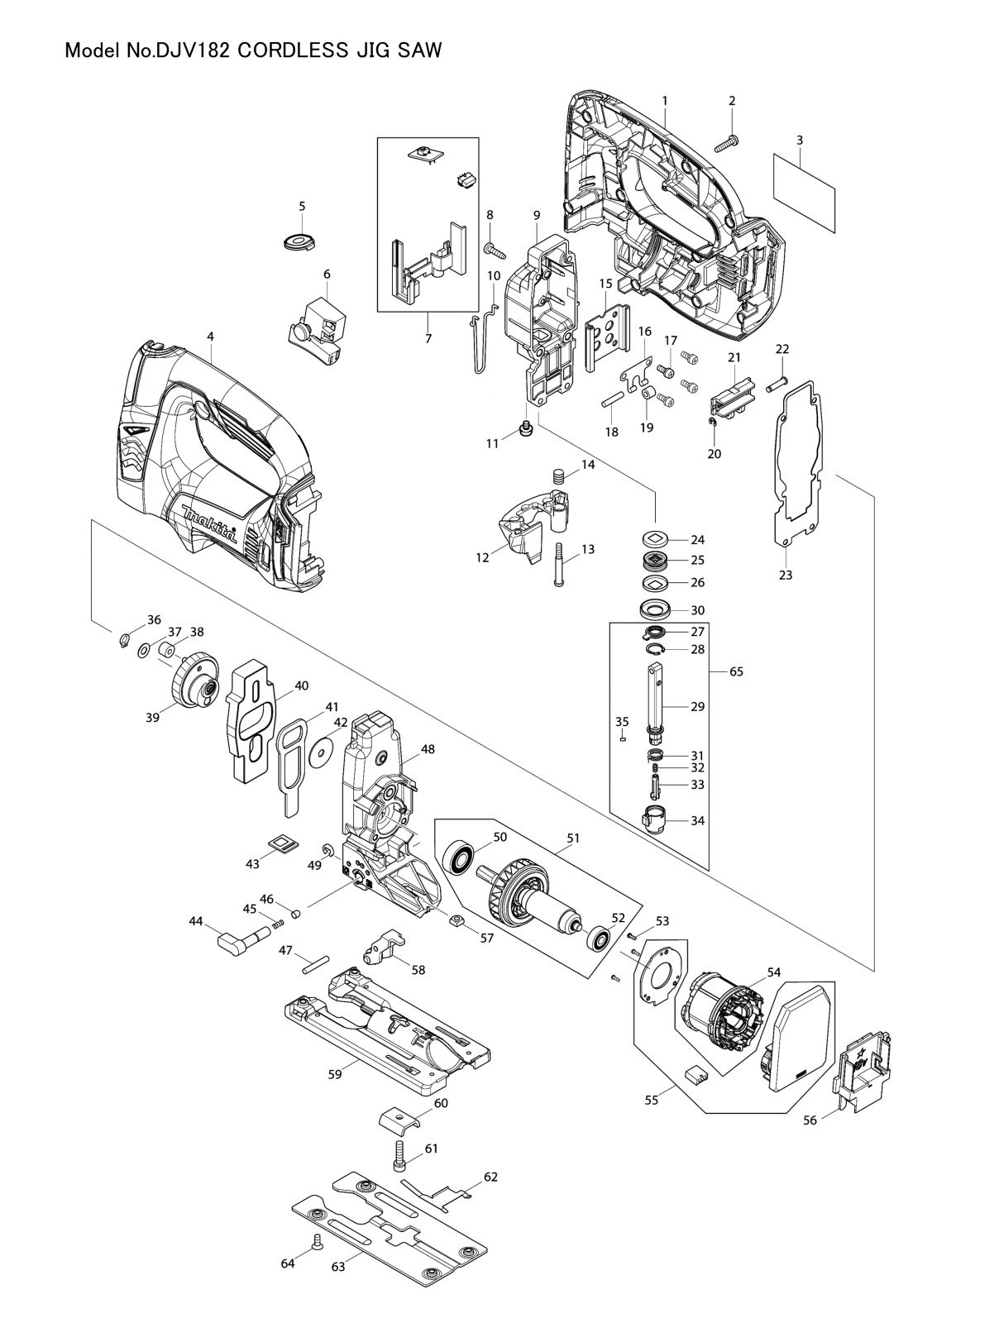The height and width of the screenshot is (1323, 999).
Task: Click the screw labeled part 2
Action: click(x=727, y=143)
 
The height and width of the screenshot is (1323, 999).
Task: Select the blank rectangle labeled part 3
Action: click(x=804, y=193)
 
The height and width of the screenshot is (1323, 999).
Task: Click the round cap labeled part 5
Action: click(x=299, y=241)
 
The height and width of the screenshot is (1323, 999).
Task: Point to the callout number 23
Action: click(x=785, y=575)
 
